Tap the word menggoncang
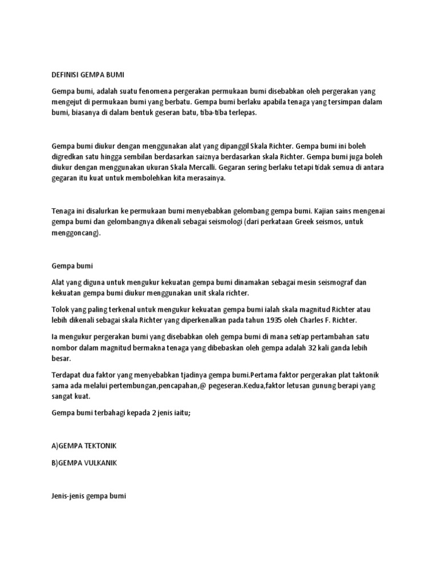tap(75, 233)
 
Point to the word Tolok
tap(60, 309)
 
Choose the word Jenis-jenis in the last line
tap(70, 496)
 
